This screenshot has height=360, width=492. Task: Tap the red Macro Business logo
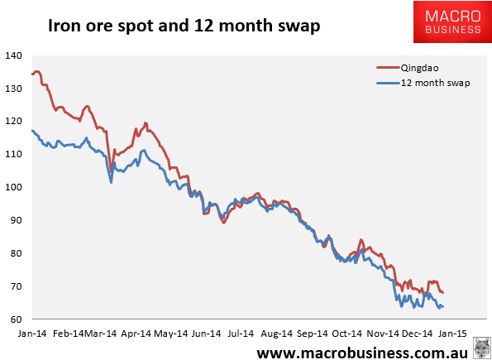(447, 22)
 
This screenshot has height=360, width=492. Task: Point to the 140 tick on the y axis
(14, 55)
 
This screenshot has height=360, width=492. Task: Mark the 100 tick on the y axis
(14, 187)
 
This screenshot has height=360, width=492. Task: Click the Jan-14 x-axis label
(31, 334)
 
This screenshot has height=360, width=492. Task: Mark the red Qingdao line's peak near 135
(38, 72)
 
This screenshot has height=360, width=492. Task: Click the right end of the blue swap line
(443, 307)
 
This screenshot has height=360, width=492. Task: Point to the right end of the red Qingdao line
(443, 292)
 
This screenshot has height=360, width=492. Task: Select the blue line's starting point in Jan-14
(31, 131)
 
